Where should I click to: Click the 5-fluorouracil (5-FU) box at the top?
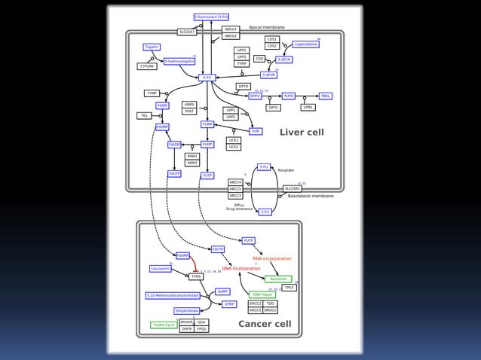211,17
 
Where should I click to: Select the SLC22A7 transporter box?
187,32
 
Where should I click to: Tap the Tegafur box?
152,47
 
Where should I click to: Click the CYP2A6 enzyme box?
146,66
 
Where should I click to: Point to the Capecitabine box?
305,44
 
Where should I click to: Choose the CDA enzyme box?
259,59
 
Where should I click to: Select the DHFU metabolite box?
256,96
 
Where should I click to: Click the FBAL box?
326,96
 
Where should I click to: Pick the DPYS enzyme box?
273,108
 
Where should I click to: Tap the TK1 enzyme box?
143,116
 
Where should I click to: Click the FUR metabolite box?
256,131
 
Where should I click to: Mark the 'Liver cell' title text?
302,133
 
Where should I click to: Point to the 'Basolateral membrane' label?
311,196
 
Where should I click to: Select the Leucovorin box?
160,268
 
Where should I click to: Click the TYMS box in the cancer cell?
196,276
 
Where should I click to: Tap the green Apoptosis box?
278,279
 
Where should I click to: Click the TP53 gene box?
289,287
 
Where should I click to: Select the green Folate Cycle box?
164,325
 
